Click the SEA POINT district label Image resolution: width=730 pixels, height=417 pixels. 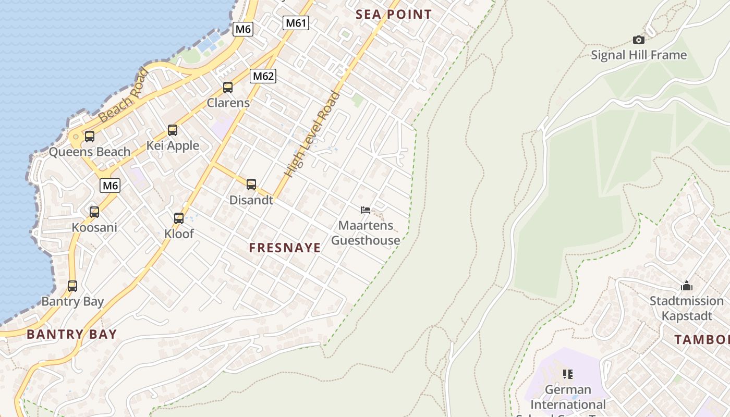(394, 15)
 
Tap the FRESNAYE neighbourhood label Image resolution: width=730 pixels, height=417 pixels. (285, 248)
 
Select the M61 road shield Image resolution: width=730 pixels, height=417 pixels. (296, 23)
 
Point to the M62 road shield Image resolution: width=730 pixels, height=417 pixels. (263, 76)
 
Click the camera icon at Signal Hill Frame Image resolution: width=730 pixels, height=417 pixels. (638, 40)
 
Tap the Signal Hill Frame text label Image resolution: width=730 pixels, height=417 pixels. (639, 55)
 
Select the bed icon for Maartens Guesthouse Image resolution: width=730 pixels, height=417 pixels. (366, 210)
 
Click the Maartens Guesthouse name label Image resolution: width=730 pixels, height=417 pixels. (366, 233)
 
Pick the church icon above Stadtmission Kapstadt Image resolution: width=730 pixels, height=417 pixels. (686, 286)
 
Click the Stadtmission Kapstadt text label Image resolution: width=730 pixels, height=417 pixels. (686, 308)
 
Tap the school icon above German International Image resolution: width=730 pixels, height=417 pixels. (568, 374)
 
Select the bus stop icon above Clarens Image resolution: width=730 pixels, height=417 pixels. (228, 88)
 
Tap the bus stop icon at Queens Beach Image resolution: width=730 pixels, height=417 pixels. (90, 137)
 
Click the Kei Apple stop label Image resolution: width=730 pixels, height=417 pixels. (173, 145)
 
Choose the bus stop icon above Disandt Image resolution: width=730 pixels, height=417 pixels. (251, 185)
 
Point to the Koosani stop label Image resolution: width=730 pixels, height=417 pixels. (94, 227)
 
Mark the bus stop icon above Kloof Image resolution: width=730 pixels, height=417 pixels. (179, 218)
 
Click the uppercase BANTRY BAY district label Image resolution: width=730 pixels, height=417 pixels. (72, 334)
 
